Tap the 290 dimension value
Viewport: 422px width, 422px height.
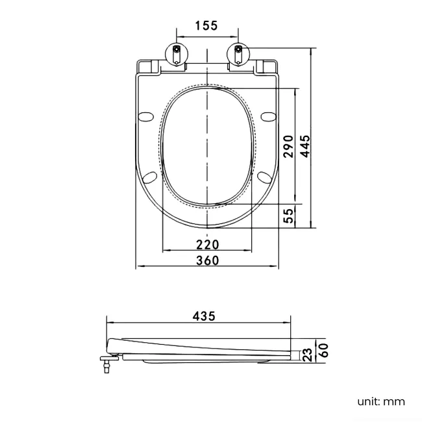click(x=290, y=146)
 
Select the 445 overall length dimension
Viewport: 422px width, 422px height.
click(x=306, y=146)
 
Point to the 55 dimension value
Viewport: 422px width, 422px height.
click(x=290, y=215)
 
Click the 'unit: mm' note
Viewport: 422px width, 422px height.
click(x=381, y=401)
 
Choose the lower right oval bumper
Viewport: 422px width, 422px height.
click(x=264, y=177)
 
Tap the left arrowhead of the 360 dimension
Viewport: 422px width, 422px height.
click(x=138, y=266)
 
